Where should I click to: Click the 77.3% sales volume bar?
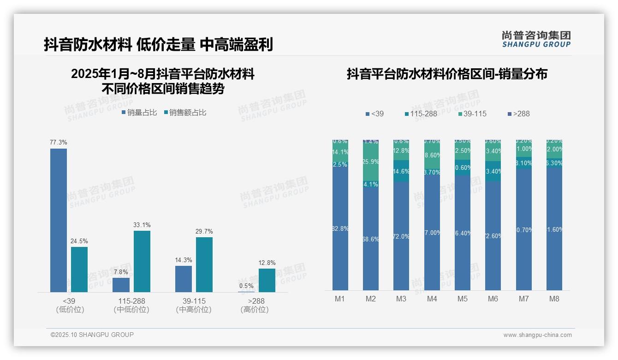(x=59, y=220)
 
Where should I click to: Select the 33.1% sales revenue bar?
(x=142, y=261)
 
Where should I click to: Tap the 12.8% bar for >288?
(x=267, y=280)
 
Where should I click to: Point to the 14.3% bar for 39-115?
(x=184, y=279)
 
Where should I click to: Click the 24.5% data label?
(x=79, y=241)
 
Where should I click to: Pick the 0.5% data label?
(x=246, y=286)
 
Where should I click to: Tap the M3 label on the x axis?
(x=401, y=299)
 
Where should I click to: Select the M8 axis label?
(x=554, y=299)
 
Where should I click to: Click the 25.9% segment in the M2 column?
(x=371, y=162)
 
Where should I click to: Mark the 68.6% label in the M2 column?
(x=371, y=240)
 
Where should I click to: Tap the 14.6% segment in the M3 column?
(x=401, y=171)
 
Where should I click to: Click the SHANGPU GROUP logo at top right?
(x=536, y=39)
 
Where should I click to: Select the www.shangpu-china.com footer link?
(x=537, y=335)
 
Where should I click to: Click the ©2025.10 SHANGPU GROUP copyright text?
(x=92, y=335)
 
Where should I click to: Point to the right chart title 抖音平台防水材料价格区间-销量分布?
(x=447, y=74)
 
